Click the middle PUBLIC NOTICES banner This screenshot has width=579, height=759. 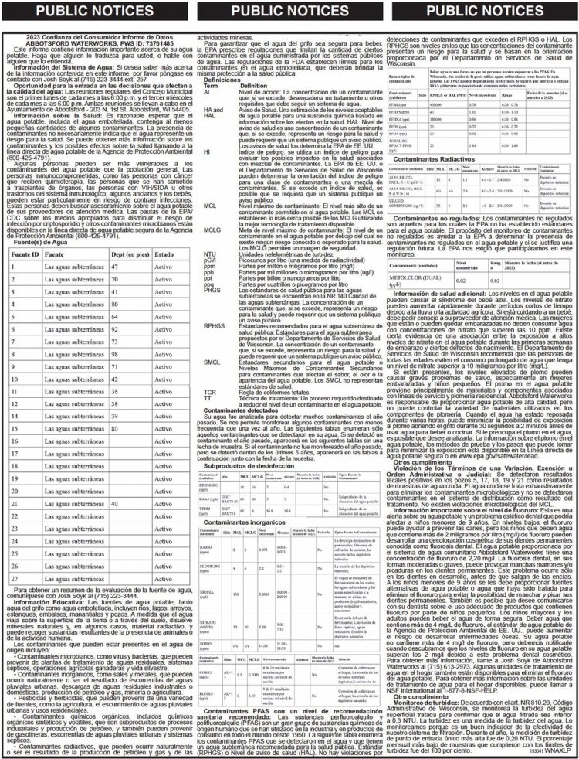pyautogui.click(x=289, y=11)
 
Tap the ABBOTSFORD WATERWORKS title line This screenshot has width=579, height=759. pyautogui.click(x=97, y=43)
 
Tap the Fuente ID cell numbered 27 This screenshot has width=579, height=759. pyautogui.click(x=14, y=578)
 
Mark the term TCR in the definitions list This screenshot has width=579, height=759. pyautogui.click(x=209, y=392)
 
